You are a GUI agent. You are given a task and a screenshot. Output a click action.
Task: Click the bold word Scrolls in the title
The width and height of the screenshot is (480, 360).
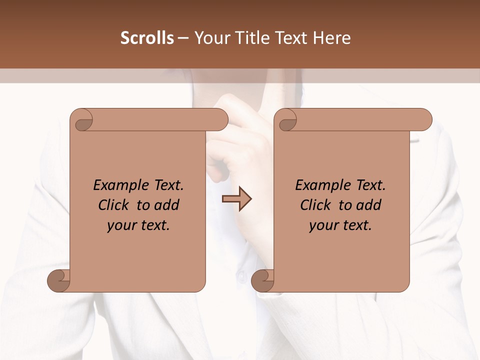click(147, 38)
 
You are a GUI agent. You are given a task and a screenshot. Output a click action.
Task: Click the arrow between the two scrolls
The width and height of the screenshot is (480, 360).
click(237, 199)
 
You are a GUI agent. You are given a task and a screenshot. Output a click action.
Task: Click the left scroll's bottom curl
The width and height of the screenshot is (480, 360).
click(59, 280)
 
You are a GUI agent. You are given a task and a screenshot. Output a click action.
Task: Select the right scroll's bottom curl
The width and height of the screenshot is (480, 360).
click(263, 280)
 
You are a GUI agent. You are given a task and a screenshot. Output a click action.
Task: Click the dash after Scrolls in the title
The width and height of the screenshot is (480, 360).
click(183, 38)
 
